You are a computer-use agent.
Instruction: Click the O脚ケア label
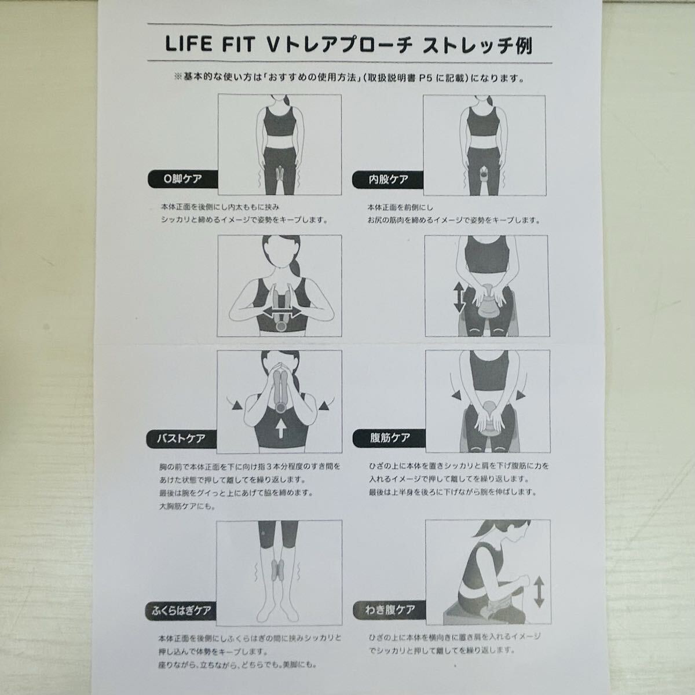[x=182, y=179]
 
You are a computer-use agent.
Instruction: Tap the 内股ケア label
[x=388, y=180]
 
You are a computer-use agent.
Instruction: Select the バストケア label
[x=181, y=438]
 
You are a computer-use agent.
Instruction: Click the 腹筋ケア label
[x=390, y=438]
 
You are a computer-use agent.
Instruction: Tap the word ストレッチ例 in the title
[x=477, y=45]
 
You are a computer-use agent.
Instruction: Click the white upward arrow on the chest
[x=281, y=429]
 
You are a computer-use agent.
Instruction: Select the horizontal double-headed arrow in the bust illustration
[x=281, y=312]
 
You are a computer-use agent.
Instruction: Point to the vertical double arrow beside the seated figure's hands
[x=459, y=298]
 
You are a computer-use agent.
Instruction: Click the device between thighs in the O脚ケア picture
[x=280, y=174]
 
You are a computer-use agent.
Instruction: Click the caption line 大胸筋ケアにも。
[x=187, y=506]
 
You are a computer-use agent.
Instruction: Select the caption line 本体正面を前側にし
[x=400, y=208]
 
